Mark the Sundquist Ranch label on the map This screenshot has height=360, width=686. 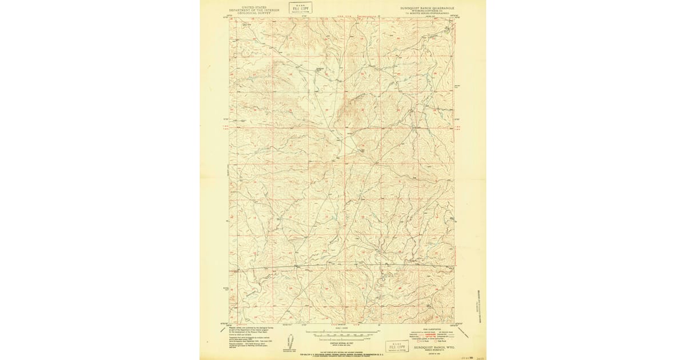(321, 69)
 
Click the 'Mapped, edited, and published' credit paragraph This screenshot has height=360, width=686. (252, 337)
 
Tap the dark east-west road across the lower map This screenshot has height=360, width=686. (343, 266)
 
